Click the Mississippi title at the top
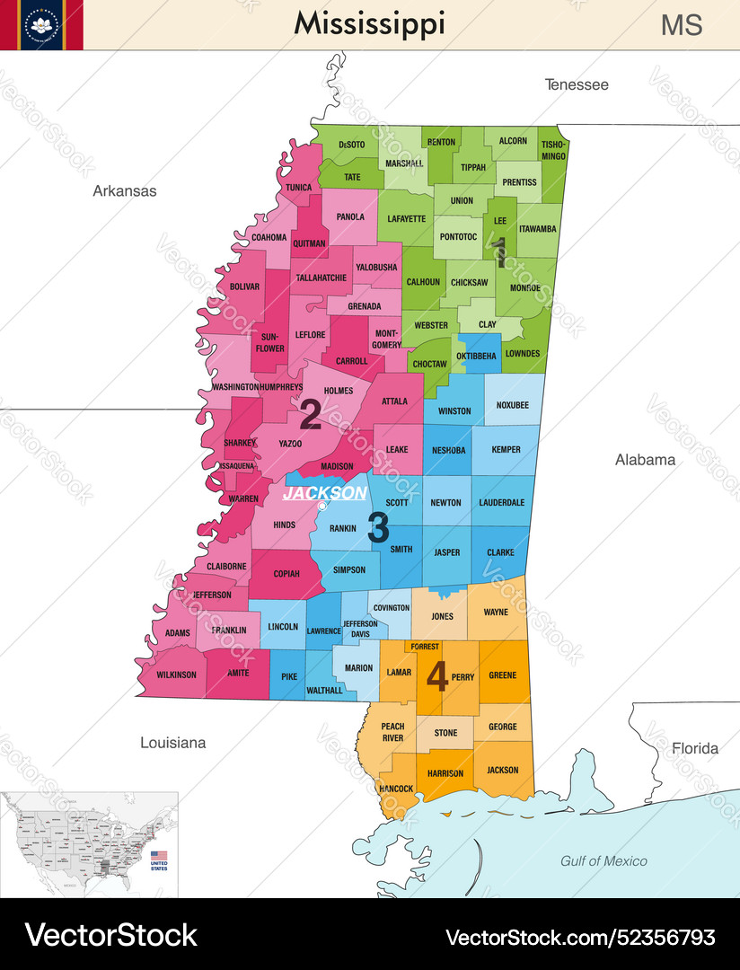tap(369, 24)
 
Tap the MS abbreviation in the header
tap(682, 25)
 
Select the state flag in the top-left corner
tap(41, 24)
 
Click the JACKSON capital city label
tap(324, 493)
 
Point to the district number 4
tap(437, 676)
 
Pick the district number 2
tap(310, 415)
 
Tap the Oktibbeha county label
tap(476, 356)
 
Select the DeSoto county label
tap(352, 145)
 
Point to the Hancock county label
tap(396, 789)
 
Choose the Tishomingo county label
tap(554, 150)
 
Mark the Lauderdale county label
tap(501, 503)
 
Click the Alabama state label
tap(645, 460)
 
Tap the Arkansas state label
tap(125, 191)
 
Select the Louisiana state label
tap(172, 743)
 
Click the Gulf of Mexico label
tap(603, 861)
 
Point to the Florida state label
tap(695, 748)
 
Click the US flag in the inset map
tap(159, 856)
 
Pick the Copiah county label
tap(287, 572)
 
